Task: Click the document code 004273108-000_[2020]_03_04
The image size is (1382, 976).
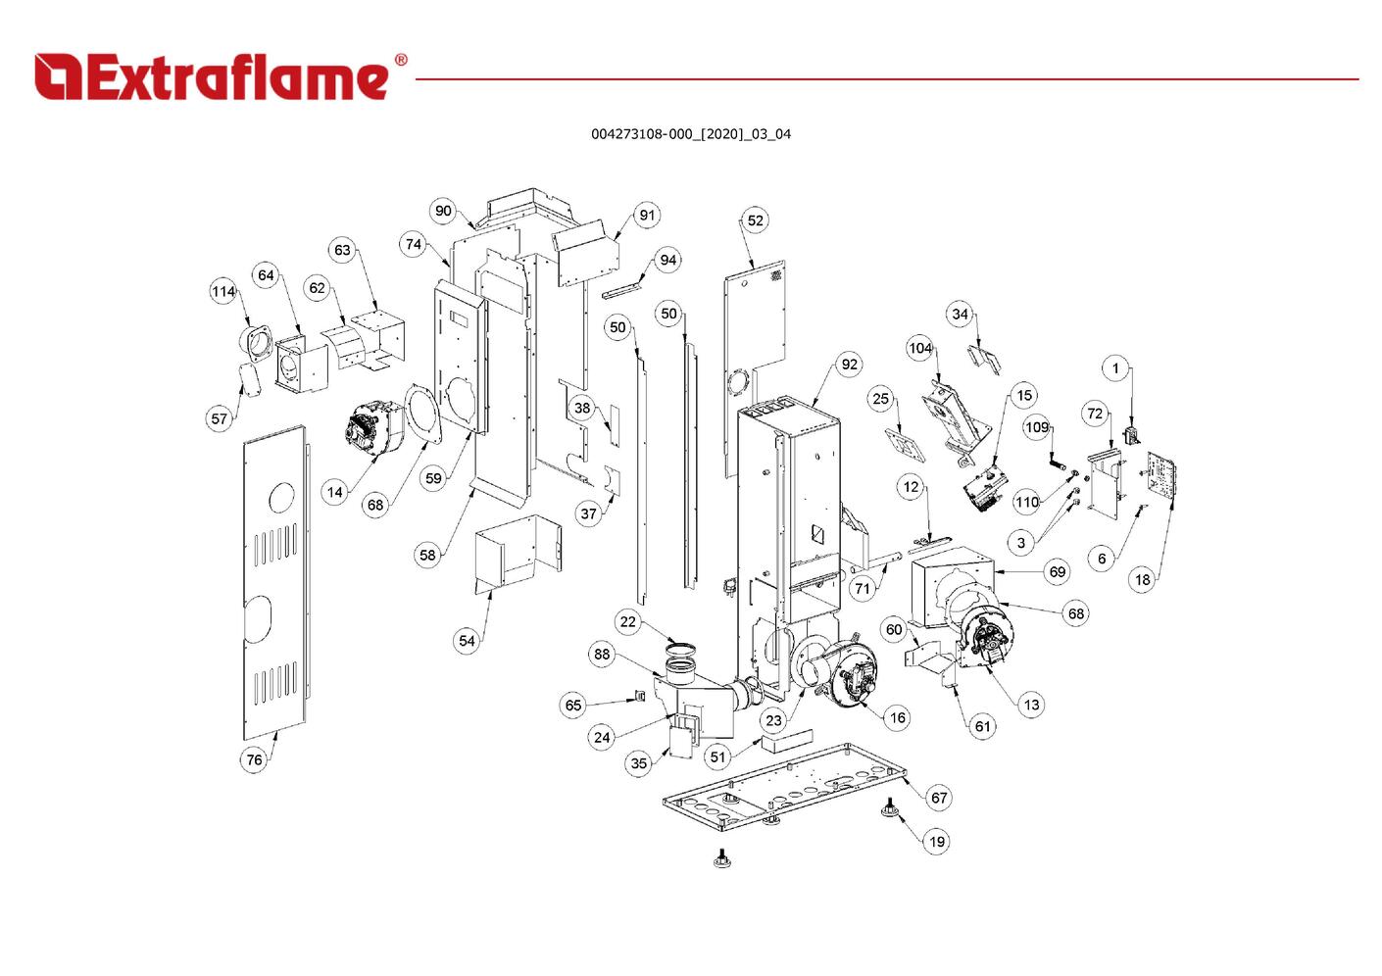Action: [x=690, y=134]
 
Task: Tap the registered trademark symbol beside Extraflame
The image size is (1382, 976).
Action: [x=400, y=61]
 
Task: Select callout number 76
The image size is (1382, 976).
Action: [x=254, y=759]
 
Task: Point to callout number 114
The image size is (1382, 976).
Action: [x=223, y=291]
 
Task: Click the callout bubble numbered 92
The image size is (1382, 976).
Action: [x=849, y=365]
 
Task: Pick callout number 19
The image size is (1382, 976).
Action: [x=937, y=841]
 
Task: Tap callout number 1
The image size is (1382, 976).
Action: [x=1115, y=368]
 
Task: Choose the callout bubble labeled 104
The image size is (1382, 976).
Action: [x=919, y=348]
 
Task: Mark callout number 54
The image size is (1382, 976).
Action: [x=467, y=641]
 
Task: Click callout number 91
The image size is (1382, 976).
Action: [x=647, y=216]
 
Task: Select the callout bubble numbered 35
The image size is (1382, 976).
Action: [x=639, y=763]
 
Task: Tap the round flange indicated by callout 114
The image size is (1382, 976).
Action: [x=260, y=343]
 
